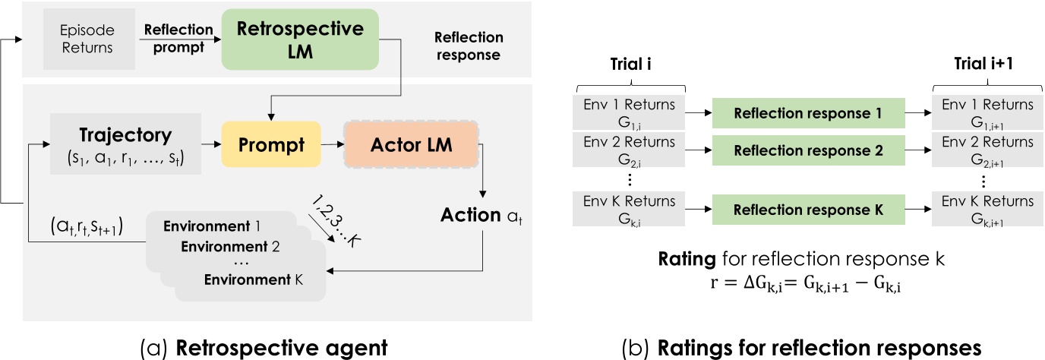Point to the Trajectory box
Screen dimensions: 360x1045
(125, 143)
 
